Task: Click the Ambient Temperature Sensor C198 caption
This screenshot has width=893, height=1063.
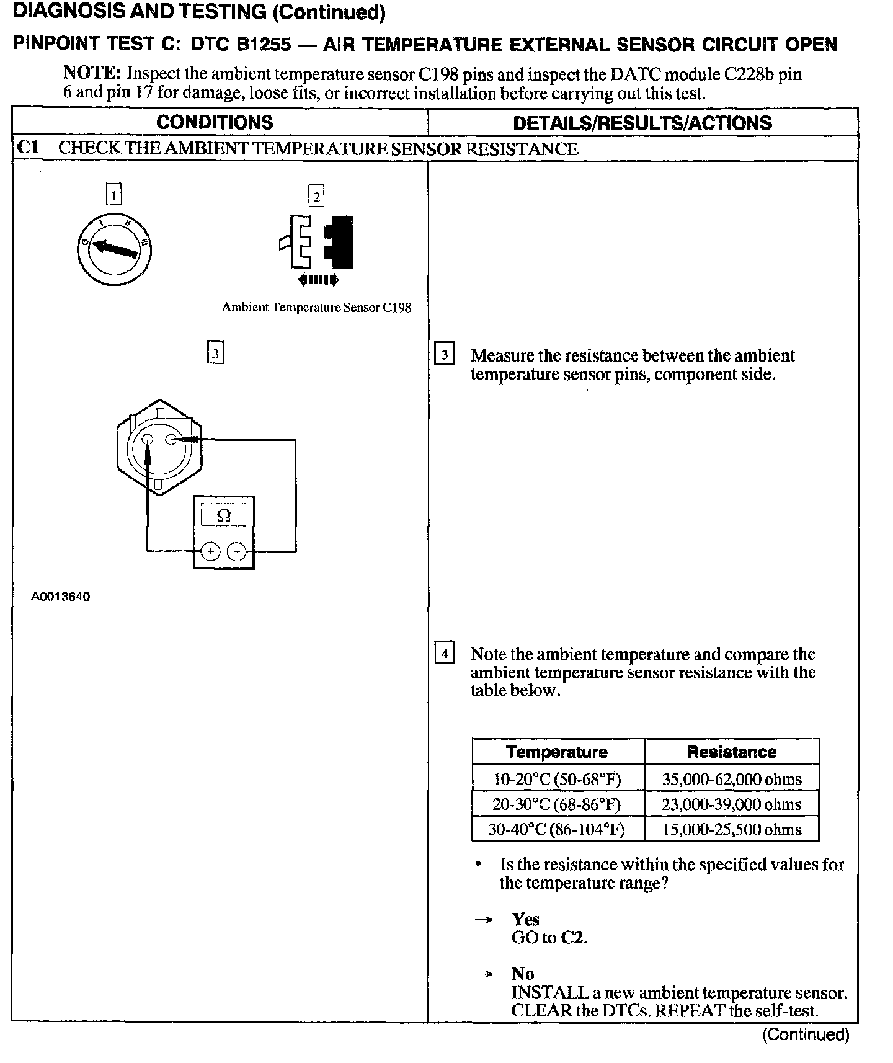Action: coord(316,308)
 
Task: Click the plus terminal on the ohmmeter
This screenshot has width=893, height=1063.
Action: coord(211,551)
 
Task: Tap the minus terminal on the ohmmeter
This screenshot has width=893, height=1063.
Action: coord(236,551)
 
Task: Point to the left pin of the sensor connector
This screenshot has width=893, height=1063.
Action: coord(148,440)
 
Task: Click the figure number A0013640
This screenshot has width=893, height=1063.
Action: coord(61,597)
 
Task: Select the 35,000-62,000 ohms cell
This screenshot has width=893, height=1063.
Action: coord(732,779)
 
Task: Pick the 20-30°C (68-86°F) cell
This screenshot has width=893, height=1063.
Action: coord(556,804)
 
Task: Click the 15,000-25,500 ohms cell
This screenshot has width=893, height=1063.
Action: coord(732,830)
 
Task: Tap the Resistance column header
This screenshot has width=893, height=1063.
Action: coord(732,752)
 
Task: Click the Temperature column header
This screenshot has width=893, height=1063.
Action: coord(556,752)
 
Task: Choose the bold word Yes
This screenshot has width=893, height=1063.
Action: coord(525,919)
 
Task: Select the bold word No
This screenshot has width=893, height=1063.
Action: coord(523,974)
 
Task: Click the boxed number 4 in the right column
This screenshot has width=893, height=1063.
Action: coord(445,654)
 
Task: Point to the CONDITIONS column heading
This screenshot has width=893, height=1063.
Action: coord(215,122)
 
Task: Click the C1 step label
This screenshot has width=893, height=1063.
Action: coord(29,148)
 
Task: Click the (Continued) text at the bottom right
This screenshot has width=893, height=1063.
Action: coord(805,1034)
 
